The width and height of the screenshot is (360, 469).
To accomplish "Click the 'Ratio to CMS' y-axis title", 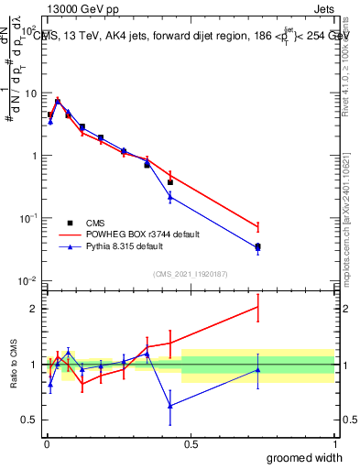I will coord(13,365).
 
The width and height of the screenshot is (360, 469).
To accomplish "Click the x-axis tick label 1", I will coord(334,444).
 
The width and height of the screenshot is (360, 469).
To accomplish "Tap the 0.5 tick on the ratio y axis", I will coord(29,420).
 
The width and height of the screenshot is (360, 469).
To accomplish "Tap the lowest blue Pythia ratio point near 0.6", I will coord(170,405).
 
